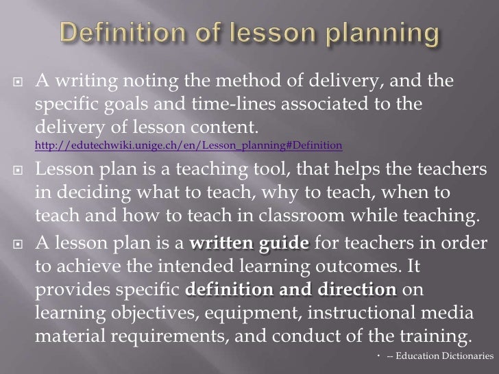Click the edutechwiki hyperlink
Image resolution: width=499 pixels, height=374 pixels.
[188, 146]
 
